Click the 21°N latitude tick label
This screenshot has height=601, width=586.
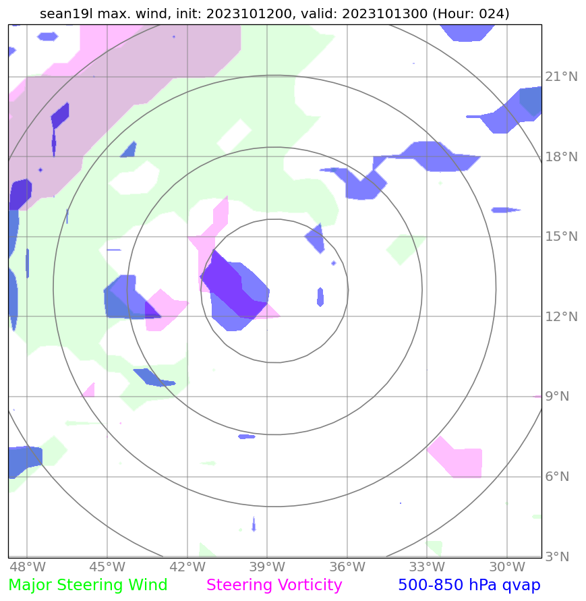(x=561, y=77)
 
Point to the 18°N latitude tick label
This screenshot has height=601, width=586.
(x=561, y=157)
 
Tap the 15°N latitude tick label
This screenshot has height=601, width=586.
(x=561, y=237)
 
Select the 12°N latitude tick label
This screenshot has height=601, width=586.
(x=561, y=317)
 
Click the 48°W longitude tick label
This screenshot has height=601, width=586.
(x=27, y=567)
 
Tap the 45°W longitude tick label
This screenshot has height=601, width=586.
(x=107, y=567)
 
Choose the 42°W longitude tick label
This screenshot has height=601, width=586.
(x=187, y=567)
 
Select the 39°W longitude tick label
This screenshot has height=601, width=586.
(x=267, y=567)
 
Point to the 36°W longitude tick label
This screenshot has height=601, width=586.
(x=347, y=567)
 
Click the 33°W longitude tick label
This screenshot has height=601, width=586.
(x=427, y=567)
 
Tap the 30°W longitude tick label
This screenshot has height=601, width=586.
(x=507, y=567)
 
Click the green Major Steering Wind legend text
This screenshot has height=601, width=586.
(x=88, y=585)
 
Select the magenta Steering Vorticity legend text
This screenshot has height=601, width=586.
(x=274, y=585)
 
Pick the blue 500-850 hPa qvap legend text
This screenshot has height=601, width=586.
(x=469, y=585)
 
